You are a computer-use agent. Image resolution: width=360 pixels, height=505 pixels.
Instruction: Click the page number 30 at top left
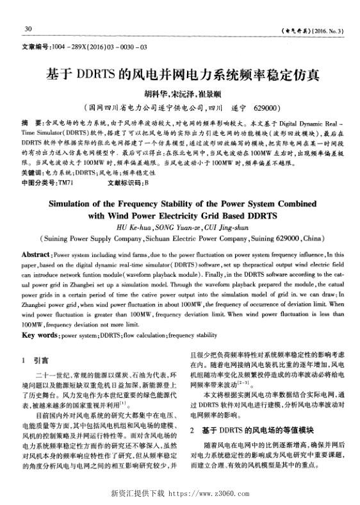[x=28, y=29]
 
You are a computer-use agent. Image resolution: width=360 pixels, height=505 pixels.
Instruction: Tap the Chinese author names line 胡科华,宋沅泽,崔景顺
[x=180, y=92]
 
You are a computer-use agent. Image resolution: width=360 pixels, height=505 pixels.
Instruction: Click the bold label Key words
[x=40, y=335]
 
